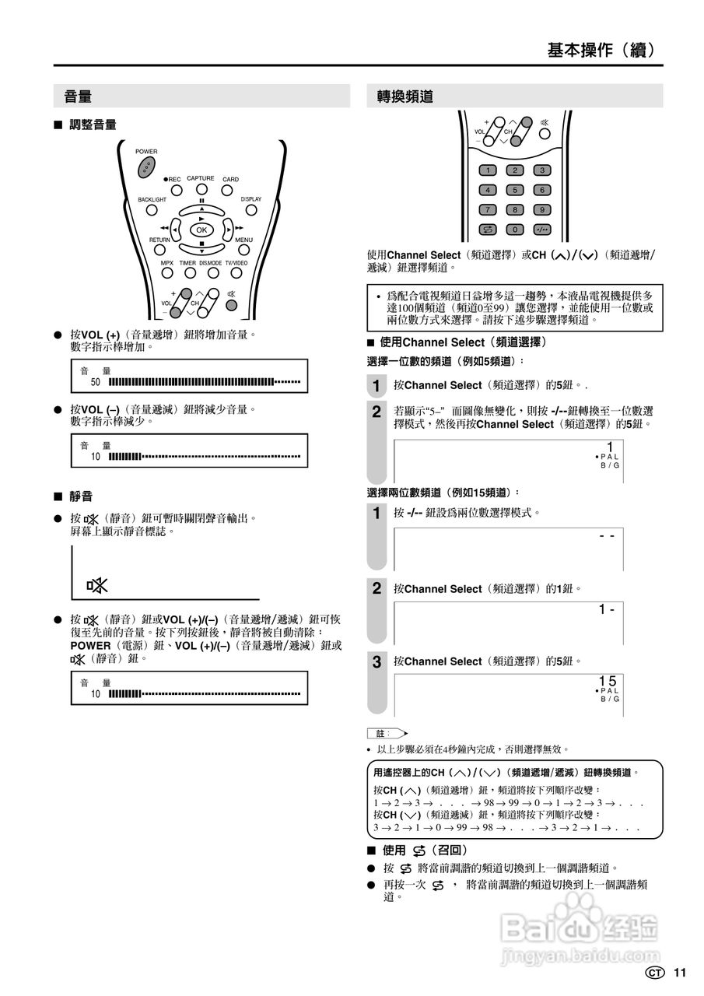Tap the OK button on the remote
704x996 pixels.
201,230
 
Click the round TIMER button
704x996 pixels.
188,274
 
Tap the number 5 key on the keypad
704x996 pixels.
514,190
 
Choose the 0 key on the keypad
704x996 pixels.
514,229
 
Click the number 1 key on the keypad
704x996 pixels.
488,170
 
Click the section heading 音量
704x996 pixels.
78,96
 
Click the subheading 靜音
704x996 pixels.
81,496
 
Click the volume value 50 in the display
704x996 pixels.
96,382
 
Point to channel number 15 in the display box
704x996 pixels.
608,681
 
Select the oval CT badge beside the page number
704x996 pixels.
655,973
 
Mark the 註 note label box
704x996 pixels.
381,733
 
